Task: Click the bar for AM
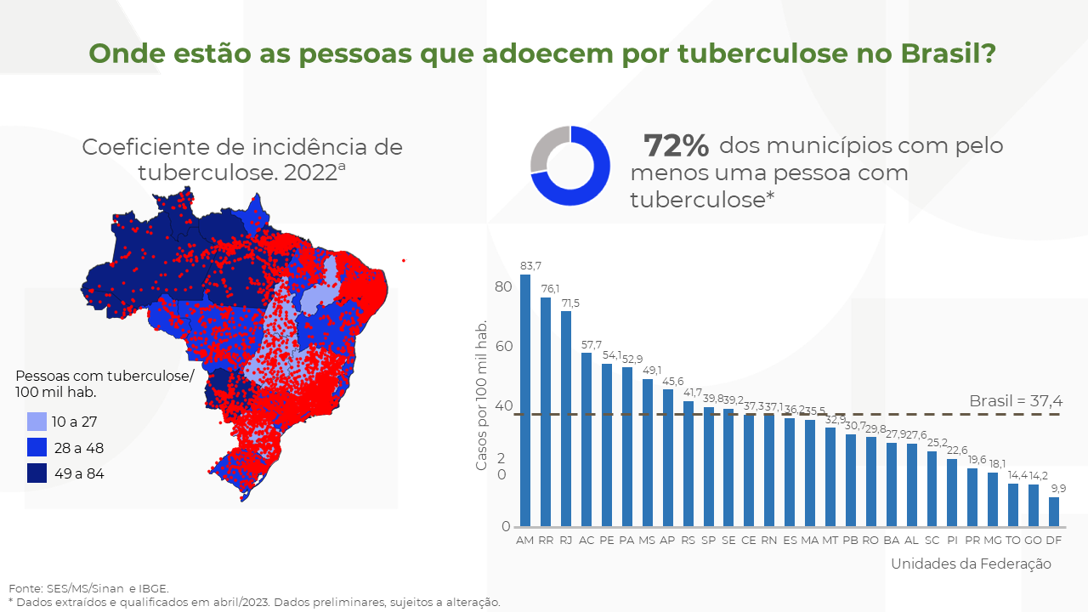(525, 399)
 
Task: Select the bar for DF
(1054, 512)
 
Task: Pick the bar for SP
(708, 466)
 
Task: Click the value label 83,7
(525, 266)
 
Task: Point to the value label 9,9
(1057, 489)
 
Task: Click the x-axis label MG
(992, 540)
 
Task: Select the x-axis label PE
(607, 540)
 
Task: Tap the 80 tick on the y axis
(503, 286)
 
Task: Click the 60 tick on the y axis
(503, 346)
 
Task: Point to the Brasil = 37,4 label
(1015, 401)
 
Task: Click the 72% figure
(676, 146)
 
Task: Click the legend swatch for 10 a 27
(37, 422)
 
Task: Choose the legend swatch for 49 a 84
(37, 473)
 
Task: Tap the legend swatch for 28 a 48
(37, 448)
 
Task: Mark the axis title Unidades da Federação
(971, 564)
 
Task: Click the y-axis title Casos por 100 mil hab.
(481, 395)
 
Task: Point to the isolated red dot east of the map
(404, 260)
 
